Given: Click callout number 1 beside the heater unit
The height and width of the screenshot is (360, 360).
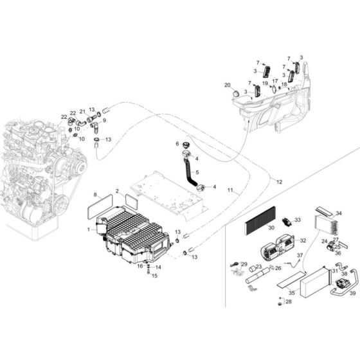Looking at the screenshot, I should [x=89, y=230].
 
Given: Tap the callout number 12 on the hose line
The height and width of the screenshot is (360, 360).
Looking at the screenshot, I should [x=279, y=182].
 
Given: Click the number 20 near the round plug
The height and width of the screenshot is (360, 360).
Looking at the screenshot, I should [x=227, y=85].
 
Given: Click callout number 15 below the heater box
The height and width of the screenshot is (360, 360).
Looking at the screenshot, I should [x=153, y=276].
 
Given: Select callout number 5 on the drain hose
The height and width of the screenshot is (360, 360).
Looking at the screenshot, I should [x=197, y=172].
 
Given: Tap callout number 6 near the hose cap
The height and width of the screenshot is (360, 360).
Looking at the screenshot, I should [x=175, y=144].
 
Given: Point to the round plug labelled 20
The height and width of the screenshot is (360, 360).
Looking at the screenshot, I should [x=236, y=94].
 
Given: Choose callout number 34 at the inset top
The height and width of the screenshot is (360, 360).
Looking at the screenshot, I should [x=339, y=213].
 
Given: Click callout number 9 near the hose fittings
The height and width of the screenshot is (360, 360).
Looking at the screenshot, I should [x=104, y=120].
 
